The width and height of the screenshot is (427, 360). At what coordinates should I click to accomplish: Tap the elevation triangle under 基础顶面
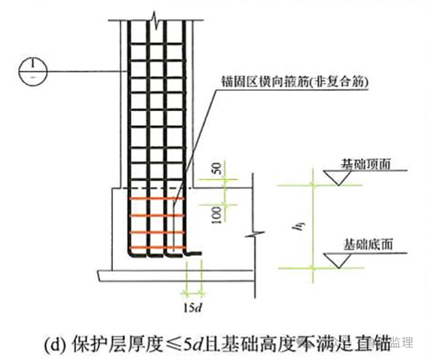pos(339,177)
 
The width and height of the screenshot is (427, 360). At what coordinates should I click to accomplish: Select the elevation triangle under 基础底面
pos(339,258)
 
